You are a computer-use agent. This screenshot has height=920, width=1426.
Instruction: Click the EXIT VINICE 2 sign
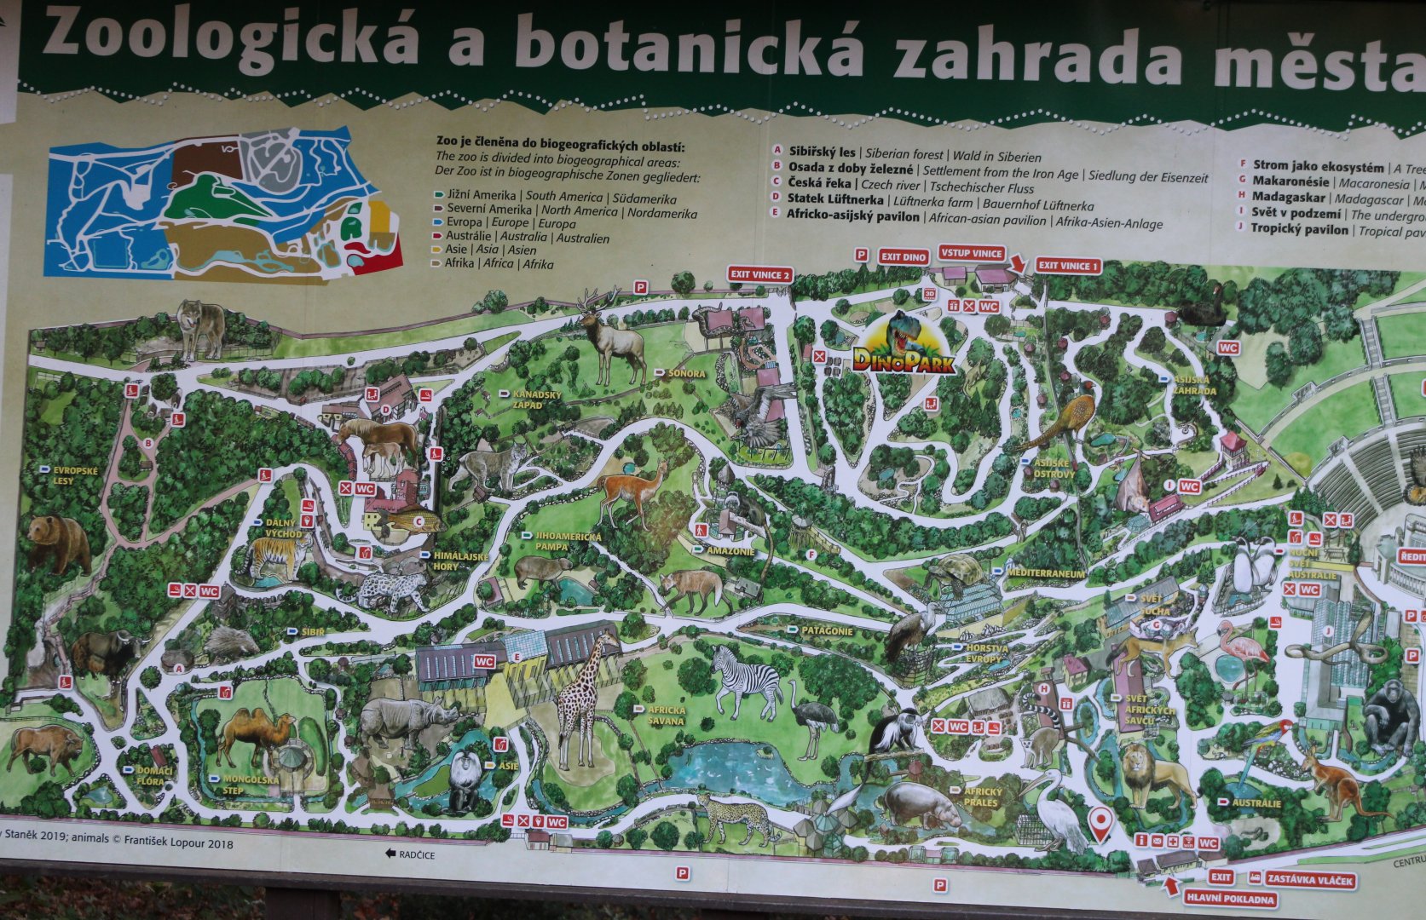click(760, 274)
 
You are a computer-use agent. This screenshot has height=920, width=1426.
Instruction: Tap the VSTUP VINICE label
click(971, 253)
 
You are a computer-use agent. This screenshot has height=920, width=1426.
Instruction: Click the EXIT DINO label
click(904, 256)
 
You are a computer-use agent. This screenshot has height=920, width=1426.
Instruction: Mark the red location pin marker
click(1102, 822)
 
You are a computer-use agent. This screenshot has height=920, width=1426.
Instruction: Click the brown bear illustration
click(58, 543)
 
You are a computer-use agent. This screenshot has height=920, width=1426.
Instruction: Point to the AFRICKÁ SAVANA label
click(665, 716)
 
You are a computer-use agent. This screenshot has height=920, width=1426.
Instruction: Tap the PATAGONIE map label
click(825, 630)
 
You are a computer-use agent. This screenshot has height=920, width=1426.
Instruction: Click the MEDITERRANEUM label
click(1046, 574)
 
